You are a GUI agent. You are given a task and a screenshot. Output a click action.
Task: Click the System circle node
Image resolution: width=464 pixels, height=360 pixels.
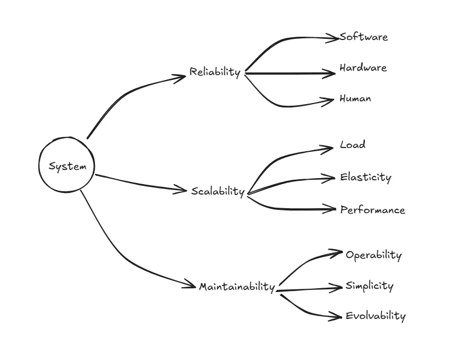click(67, 166)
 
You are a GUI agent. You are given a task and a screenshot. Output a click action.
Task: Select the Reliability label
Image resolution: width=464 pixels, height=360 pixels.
click(215, 72)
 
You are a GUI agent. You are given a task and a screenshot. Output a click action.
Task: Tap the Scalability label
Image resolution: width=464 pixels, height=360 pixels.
click(218, 191)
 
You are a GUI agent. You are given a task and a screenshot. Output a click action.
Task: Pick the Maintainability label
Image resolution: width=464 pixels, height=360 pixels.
click(236, 287)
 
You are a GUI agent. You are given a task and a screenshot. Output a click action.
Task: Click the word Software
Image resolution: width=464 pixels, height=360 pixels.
click(364, 37)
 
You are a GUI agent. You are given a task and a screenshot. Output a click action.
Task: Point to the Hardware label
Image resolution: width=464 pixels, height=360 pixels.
click(363, 68)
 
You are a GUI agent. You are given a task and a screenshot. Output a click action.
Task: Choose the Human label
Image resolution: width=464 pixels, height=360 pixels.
click(355, 99)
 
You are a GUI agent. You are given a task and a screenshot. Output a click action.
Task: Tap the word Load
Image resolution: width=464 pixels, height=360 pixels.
click(353, 145)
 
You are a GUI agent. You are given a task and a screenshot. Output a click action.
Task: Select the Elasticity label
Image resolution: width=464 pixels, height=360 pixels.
click(365, 178)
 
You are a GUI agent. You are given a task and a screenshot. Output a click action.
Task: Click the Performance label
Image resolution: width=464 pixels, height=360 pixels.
click(372, 210)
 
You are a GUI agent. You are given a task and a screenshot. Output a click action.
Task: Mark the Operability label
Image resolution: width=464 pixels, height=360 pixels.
click(374, 255)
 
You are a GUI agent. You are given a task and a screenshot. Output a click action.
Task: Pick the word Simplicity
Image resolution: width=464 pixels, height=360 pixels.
click(369, 286)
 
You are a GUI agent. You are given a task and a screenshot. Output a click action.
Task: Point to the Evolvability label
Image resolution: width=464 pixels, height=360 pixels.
click(376, 316)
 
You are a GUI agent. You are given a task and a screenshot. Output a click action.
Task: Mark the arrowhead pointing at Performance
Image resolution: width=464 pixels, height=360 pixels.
click(331, 209)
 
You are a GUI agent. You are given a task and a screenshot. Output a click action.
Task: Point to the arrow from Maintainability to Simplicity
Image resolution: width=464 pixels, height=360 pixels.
click(310, 289)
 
